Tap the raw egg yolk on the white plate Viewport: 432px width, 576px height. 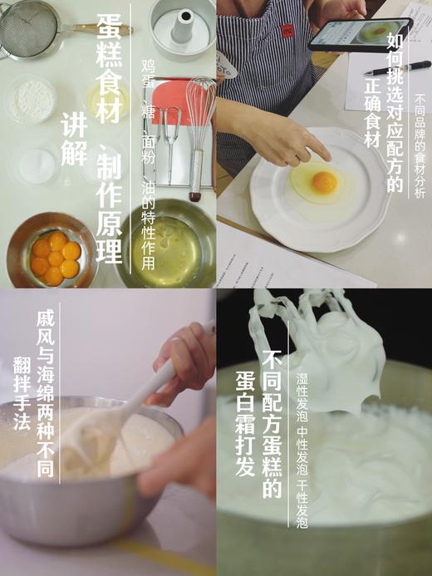[323, 182]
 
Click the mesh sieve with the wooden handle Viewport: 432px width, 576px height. [29, 29]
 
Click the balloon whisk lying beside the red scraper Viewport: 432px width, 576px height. [199, 125]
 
